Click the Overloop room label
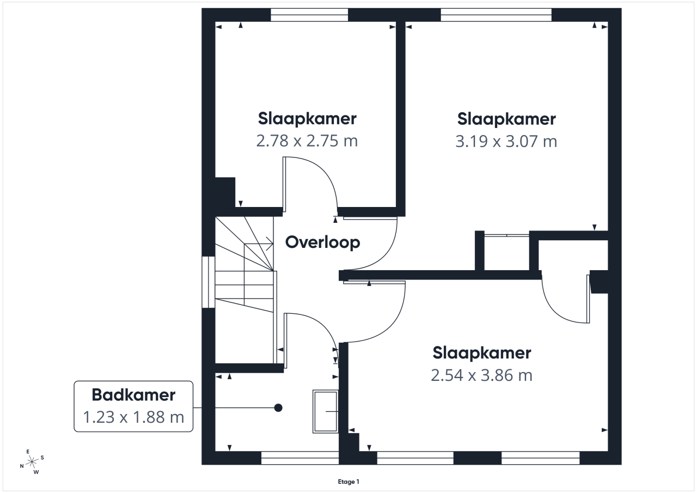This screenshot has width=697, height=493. click(x=323, y=243)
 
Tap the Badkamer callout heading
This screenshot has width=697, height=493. click(x=133, y=395)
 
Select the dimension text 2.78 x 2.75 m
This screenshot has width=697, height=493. click(x=307, y=141)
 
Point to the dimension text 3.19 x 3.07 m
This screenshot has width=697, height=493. click(x=506, y=141)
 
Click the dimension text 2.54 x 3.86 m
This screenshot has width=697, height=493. click(x=482, y=375)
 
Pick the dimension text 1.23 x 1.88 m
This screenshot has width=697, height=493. click(x=133, y=417)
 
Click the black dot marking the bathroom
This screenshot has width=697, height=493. click(x=278, y=407)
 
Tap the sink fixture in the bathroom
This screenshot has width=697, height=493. click(x=326, y=411)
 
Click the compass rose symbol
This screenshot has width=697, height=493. click(x=32, y=462)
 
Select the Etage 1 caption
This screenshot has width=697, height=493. click(x=348, y=482)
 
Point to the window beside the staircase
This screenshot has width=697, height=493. click(x=209, y=282)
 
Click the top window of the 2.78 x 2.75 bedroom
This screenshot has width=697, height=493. click(x=309, y=15)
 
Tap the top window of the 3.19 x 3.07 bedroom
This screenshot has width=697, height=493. click(x=496, y=15)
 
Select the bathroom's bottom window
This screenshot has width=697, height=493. click(x=300, y=458)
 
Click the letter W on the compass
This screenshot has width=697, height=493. click(x=36, y=472)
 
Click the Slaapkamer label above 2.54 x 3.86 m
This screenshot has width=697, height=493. click(x=482, y=353)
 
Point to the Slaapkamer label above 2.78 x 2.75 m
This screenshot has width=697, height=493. click(x=307, y=119)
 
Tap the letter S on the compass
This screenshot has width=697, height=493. click(x=42, y=458)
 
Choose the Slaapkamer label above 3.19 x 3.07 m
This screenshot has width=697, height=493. click(x=506, y=119)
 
